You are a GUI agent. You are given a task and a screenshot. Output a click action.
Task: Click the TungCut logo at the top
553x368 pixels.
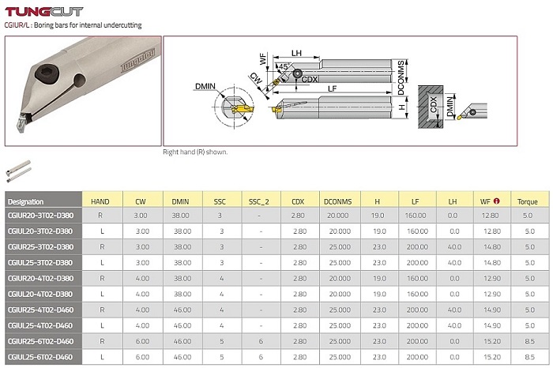(x=44, y=12)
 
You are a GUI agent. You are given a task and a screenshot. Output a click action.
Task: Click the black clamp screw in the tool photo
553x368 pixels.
(x=47, y=74)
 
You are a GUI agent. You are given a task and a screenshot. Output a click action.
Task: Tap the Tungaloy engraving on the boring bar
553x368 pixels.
(x=137, y=60)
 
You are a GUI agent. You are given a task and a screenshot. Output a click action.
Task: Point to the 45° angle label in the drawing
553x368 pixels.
(x=284, y=66)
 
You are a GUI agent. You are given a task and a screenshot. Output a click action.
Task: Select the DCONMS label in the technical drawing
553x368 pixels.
(x=401, y=77)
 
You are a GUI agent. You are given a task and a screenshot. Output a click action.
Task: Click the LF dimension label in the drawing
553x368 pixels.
(x=333, y=88)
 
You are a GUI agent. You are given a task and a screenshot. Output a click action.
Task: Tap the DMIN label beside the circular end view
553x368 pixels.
(x=205, y=86)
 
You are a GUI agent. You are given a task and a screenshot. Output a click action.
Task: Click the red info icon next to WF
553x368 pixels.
(x=497, y=201)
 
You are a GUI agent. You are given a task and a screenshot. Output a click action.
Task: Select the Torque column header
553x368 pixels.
(x=527, y=201)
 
